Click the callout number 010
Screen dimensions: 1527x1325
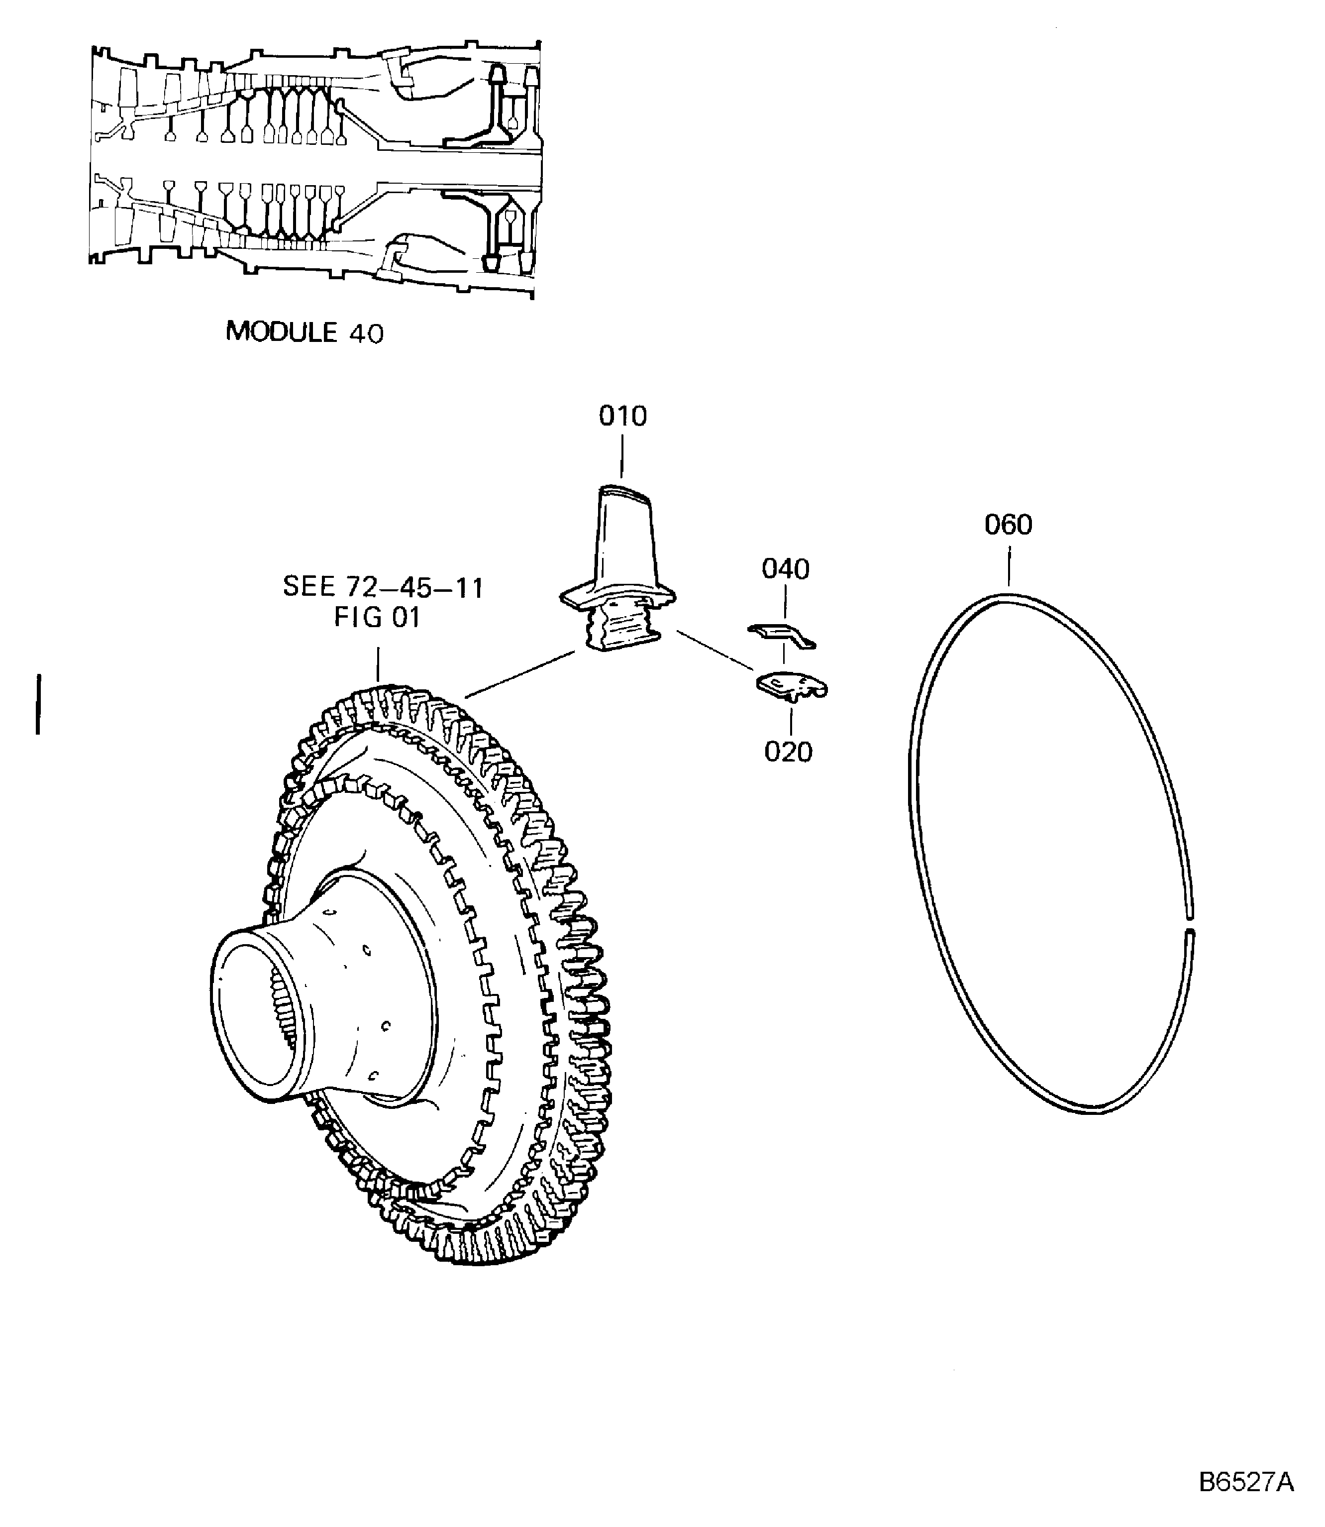pos(622,416)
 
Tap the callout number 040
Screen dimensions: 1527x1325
pos(785,569)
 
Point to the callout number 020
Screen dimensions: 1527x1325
pos(788,752)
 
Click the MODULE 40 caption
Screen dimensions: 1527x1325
pos(305,332)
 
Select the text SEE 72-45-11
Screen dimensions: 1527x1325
pos(383,588)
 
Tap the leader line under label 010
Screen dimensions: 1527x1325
pos(622,456)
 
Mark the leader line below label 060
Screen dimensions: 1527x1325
pos(1009,566)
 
